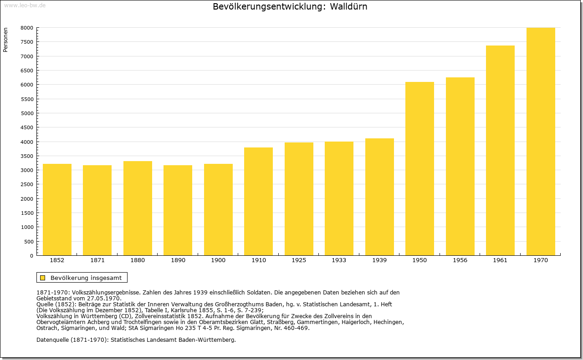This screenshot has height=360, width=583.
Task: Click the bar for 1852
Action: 57,210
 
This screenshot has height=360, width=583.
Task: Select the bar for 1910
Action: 258,201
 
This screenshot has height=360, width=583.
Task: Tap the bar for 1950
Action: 419,168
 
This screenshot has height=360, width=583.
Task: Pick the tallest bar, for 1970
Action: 541,142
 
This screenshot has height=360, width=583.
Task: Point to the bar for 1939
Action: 379,197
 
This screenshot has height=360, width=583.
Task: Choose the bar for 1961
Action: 500,151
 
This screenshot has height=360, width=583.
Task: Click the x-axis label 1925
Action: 299,260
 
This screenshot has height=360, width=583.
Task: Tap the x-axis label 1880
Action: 138,260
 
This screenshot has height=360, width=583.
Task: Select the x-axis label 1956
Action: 460,260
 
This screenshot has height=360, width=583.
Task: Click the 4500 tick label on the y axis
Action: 27,127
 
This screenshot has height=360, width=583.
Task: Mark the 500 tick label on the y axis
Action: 29,242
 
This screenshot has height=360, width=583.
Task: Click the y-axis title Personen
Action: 5,40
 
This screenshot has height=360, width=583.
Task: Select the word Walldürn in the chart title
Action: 348,6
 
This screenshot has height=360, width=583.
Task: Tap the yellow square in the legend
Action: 43,278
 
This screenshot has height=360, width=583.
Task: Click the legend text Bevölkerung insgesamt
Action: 86,278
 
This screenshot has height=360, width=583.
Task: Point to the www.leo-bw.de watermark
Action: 25,5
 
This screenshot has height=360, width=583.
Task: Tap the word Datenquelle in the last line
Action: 53,340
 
